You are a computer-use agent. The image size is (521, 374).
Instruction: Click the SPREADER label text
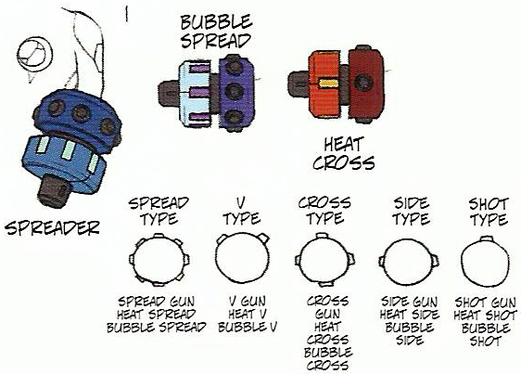click(x=52, y=227)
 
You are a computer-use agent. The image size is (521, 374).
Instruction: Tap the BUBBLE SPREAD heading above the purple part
click(x=216, y=32)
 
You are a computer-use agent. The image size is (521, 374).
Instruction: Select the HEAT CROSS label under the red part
click(x=343, y=154)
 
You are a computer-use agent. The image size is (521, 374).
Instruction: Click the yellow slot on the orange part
click(x=327, y=84)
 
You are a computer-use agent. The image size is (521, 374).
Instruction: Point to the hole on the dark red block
click(x=362, y=82)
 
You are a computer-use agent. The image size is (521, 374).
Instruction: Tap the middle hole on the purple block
click(x=234, y=91)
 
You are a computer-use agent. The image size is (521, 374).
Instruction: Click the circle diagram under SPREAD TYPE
click(x=159, y=260)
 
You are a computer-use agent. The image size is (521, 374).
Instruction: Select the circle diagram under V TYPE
click(x=242, y=258)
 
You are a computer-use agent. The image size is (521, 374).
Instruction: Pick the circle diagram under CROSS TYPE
click(x=325, y=260)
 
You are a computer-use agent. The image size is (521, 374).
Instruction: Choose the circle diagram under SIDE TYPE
click(x=409, y=261)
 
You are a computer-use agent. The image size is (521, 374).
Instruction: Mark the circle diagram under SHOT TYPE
click(x=486, y=262)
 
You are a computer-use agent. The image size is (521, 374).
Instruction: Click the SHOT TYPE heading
click(x=489, y=212)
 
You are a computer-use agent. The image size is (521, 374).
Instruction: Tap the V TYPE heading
click(x=242, y=212)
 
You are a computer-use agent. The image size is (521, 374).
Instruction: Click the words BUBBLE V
click(x=248, y=327)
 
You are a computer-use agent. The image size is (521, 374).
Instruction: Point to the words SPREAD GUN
click(x=157, y=302)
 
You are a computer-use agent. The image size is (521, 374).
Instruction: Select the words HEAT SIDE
click(x=410, y=315)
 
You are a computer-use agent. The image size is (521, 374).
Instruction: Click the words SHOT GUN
click(x=486, y=303)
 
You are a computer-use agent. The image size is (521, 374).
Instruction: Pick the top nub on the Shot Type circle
click(x=487, y=239)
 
